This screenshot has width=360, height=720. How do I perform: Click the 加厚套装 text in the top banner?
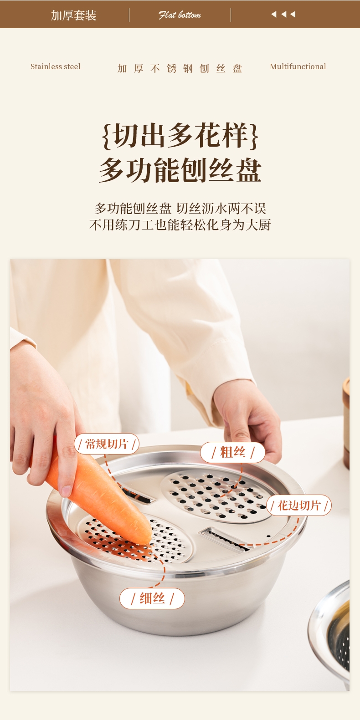[74, 15]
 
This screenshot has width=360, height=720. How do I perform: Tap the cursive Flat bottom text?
[180, 15]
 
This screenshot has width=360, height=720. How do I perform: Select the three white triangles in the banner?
[283, 14]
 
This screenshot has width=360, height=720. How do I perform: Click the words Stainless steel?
[55, 66]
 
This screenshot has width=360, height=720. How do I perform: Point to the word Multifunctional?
[298, 66]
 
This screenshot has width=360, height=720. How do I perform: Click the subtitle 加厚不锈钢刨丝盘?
[180, 68]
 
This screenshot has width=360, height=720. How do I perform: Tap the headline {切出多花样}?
[180, 136]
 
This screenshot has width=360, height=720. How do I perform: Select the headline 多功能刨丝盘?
[180, 170]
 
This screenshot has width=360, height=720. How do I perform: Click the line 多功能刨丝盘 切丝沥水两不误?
[180, 208]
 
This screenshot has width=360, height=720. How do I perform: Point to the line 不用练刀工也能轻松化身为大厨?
[180, 225]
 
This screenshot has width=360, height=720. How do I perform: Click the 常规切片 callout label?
[107, 444]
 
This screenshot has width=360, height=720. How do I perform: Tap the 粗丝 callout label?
[232, 452]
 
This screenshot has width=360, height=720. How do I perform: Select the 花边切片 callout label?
[298, 506]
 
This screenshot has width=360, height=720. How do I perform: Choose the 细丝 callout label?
[152, 598]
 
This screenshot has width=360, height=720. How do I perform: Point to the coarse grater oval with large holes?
[217, 495]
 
